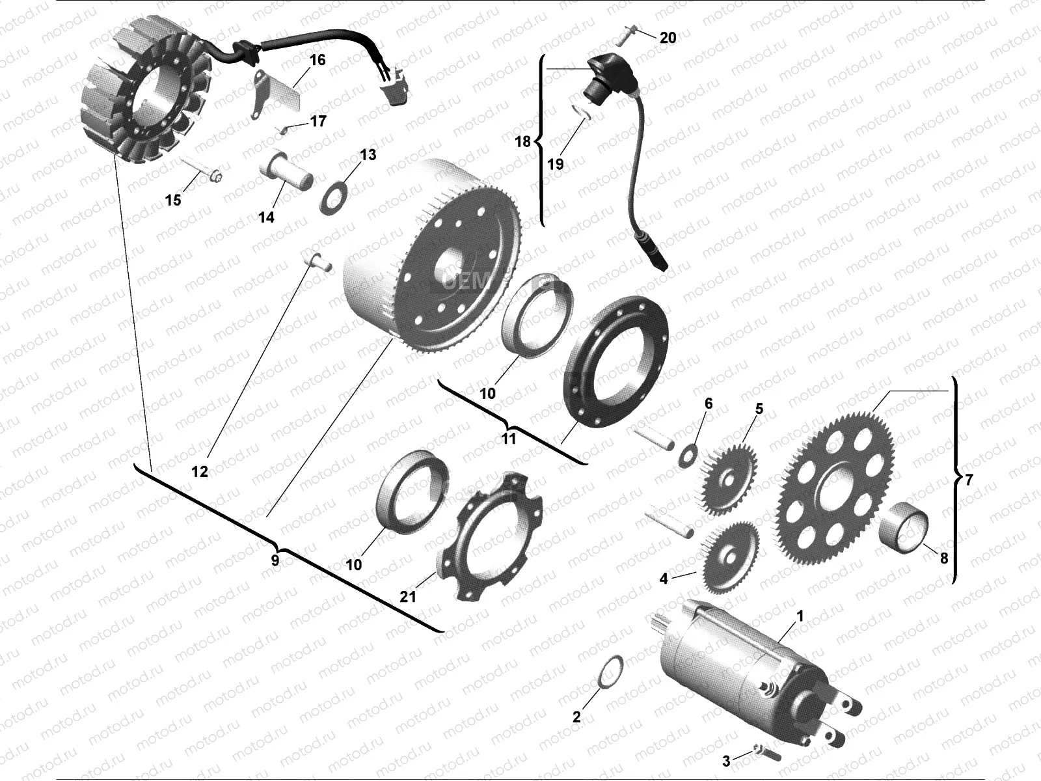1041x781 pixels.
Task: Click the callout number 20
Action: coord(668,38)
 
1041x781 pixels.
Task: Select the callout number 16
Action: coord(318,60)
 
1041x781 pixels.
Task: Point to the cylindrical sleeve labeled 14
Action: coord(286,171)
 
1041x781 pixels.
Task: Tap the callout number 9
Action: coord(275,560)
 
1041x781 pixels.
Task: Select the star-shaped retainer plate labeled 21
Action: coord(490,537)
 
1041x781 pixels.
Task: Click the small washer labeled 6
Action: coord(688,456)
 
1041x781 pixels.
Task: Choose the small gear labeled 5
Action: coord(725,479)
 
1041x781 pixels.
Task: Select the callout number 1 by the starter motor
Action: coord(800,616)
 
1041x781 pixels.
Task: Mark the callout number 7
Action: coord(969,480)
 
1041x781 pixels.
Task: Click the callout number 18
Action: coord(522,141)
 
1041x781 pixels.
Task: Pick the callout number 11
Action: coord(508,439)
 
